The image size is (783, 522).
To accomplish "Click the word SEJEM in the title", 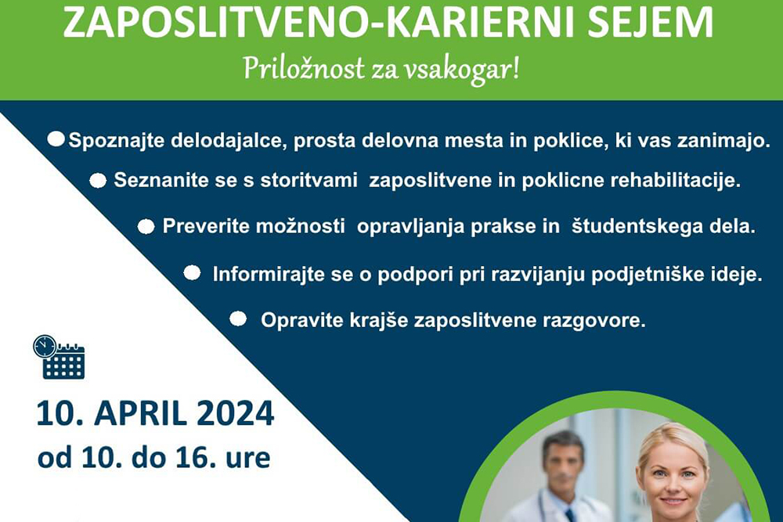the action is [651, 22].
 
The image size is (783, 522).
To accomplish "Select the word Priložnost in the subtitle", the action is [304, 69].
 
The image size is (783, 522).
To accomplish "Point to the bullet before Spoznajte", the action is [56, 139].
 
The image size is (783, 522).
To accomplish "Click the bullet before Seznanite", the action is [98, 181].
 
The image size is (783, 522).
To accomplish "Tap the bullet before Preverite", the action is [146, 227].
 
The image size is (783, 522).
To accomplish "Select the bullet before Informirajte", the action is [193, 273].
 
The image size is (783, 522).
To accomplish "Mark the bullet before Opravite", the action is [238, 319].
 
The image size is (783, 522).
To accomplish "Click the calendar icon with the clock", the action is [59, 357].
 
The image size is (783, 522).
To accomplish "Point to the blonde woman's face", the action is [673, 473].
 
